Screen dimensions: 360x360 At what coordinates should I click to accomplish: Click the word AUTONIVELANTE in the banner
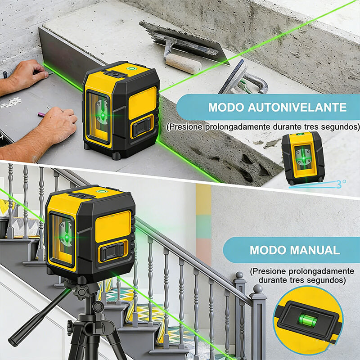pyautogui.click(x=297, y=107)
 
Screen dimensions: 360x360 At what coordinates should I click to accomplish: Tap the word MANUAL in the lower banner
pyautogui.click(x=315, y=250)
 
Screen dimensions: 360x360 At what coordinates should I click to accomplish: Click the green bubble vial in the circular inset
pyautogui.click(x=308, y=320)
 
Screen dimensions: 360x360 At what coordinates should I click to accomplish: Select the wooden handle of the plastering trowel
pyautogui.click(x=183, y=63)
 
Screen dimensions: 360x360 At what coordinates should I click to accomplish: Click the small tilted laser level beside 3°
pyautogui.click(x=303, y=158)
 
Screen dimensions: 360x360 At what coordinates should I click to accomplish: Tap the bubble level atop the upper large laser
pyautogui.click(x=131, y=68)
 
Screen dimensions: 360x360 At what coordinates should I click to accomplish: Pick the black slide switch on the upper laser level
pyautogui.click(x=142, y=127)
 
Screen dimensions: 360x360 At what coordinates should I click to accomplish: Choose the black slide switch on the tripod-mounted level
pyautogui.click(x=112, y=252)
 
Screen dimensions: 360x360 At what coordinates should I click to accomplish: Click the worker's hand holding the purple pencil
pyautogui.click(x=58, y=124)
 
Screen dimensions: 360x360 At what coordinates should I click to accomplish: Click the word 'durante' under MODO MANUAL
pyautogui.click(x=272, y=280)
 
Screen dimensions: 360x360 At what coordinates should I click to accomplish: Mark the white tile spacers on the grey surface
pyautogui.click(x=11, y=103)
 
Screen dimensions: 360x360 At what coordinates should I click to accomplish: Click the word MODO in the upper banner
pyautogui.click(x=226, y=107)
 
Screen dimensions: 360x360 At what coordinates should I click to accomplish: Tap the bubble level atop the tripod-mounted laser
pyautogui.click(x=101, y=191)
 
